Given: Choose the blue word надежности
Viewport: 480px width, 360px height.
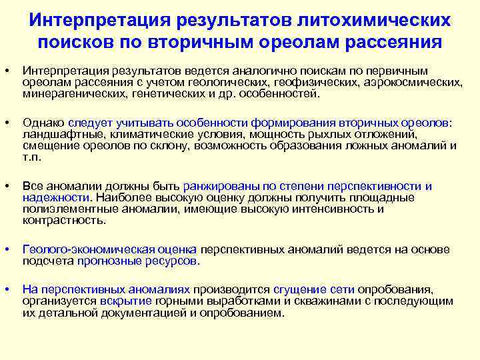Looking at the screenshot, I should [55, 197].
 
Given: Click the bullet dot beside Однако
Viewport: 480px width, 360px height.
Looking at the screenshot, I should [6, 123].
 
